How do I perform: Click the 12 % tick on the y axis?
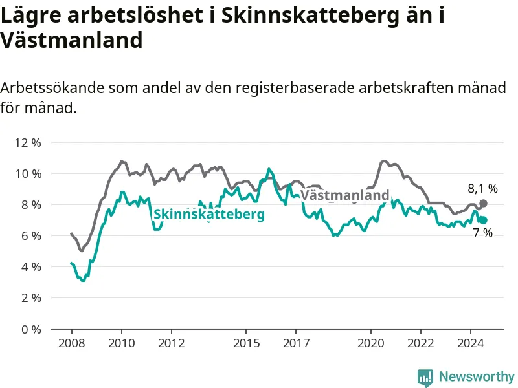[28, 143]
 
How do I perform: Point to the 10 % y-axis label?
[28, 174]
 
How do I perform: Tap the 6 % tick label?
[31, 236]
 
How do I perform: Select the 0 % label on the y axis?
[31, 329]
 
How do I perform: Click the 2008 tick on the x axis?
[72, 343]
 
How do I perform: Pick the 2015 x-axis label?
[247, 343]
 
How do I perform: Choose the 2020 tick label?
[370, 343]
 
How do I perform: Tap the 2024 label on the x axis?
[471, 343]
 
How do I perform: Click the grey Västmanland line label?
[345, 195]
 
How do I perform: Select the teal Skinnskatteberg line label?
[209, 214]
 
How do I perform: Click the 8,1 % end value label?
[482, 189]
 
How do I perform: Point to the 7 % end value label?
[482, 233]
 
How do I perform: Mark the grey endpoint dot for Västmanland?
[483, 204]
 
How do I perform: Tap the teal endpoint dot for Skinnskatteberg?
[483, 220]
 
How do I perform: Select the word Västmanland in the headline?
[71, 40]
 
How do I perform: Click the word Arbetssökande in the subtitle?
[52, 88]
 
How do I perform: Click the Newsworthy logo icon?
[425, 377]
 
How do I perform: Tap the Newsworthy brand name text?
[477, 376]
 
